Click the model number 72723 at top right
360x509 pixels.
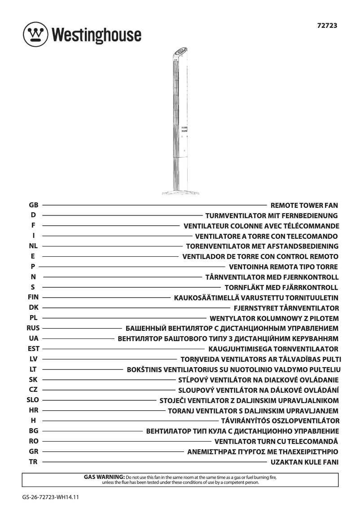[x=326, y=26]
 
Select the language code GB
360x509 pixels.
[x=33, y=205]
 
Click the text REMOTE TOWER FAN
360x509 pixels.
[x=304, y=206]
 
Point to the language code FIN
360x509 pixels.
[x=33, y=297]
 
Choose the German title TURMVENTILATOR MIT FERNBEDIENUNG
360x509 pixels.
[x=271, y=216]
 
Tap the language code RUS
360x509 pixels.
[x=33, y=328]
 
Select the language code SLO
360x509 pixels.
[x=33, y=400]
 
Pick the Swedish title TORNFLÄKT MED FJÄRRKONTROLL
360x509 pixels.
[x=281, y=287]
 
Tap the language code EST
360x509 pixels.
[x=33, y=349]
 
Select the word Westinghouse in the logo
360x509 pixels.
[x=96, y=35]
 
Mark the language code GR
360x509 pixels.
[x=33, y=451]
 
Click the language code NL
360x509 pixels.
[x=33, y=246]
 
